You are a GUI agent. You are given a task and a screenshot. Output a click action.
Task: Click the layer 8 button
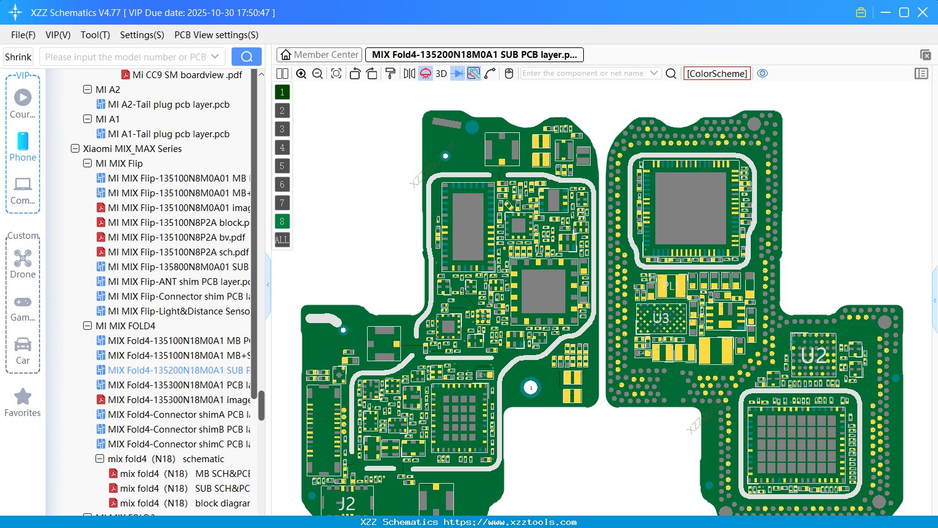coord(282,222)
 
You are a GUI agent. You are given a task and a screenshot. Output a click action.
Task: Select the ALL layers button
coord(282,240)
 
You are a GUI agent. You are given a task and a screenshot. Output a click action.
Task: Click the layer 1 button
coord(282,92)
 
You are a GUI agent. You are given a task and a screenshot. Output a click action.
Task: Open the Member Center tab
coord(320,55)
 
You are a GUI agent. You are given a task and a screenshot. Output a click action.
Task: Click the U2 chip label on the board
coord(814,355)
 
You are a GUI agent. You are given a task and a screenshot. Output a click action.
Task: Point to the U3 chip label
coord(661,318)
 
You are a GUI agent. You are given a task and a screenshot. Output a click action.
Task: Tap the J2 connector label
coord(346,503)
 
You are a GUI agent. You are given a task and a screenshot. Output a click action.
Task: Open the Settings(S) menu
coord(142,35)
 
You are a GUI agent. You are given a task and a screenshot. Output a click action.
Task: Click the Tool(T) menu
coord(95,35)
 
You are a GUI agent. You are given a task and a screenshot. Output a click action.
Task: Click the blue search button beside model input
coord(246,57)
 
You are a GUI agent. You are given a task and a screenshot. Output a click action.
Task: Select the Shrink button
coord(18,57)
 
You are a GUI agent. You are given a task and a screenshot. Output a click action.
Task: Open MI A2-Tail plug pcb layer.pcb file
coord(168,105)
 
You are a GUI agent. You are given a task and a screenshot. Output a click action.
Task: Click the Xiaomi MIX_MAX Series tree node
coord(132,149)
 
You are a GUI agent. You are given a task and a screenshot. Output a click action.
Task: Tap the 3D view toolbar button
coord(441,74)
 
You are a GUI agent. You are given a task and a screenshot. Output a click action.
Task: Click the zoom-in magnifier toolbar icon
coord(301,74)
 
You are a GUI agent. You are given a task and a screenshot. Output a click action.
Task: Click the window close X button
coord(923,12)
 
